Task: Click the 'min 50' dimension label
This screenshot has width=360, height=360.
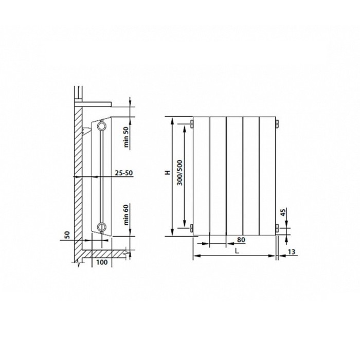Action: [x=127, y=137]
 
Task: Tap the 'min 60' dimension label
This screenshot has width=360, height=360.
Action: [x=127, y=215]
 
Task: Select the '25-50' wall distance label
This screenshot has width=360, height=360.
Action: [x=124, y=173]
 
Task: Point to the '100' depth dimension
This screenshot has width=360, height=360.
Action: [x=102, y=262]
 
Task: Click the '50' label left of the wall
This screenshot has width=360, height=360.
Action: [x=67, y=235]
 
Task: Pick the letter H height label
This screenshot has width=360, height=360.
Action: [x=168, y=172]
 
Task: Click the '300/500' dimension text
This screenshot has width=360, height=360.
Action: [x=180, y=173]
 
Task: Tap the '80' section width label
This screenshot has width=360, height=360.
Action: [x=241, y=240]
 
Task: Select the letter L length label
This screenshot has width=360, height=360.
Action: [x=237, y=251]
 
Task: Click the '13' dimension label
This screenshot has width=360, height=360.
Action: [x=292, y=252]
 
